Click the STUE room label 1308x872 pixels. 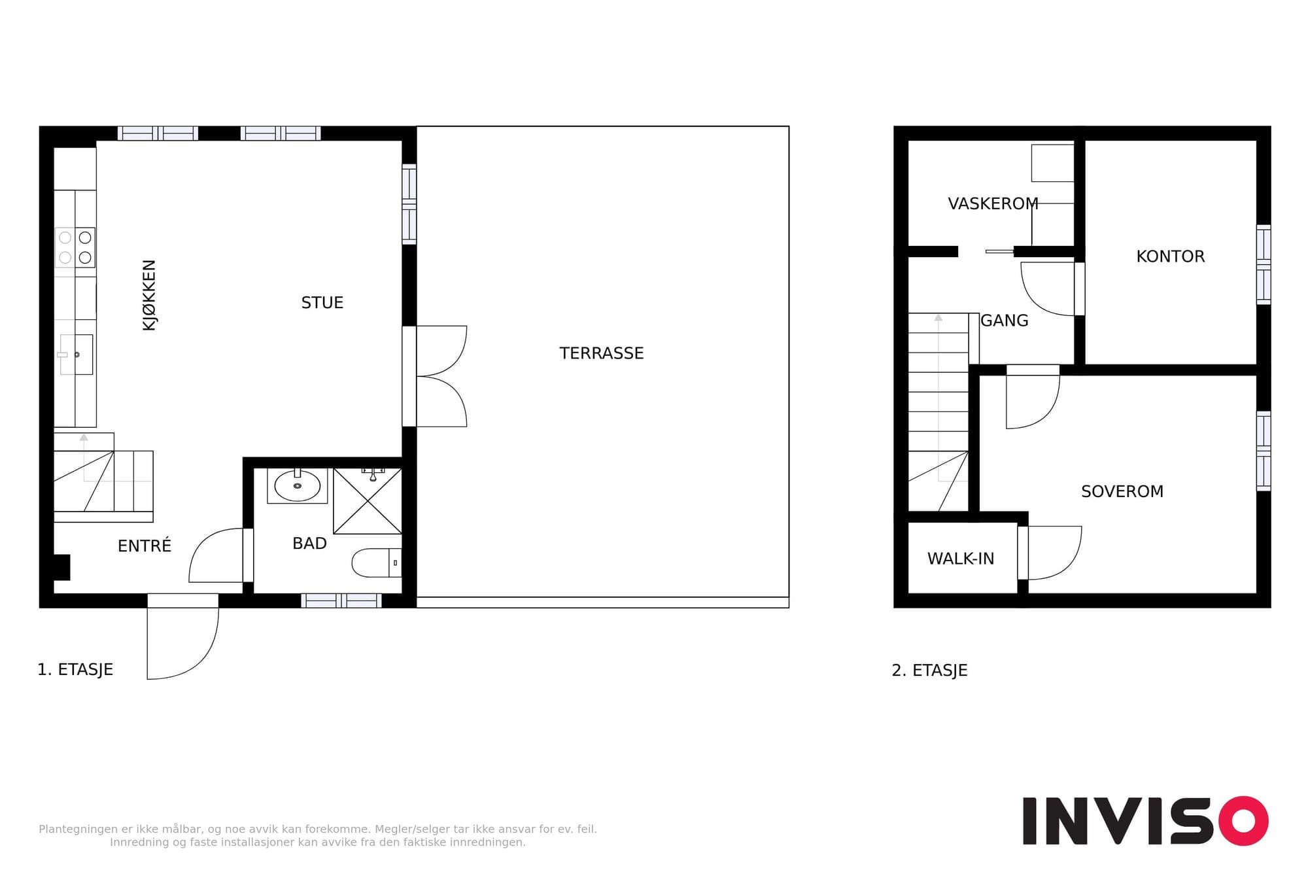(322, 303)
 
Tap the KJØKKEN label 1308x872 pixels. (149, 295)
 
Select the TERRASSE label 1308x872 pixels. (602, 353)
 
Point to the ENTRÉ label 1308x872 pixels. (145, 546)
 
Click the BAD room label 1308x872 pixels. (309, 544)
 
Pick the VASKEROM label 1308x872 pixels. (993, 204)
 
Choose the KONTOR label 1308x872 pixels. (1171, 256)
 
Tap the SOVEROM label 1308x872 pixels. (1122, 491)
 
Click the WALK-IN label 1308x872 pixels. (961, 559)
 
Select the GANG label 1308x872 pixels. (1005, 321)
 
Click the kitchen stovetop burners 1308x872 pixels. (75, 247)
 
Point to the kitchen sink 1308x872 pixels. (76, 355)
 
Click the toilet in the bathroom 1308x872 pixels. (377, 563)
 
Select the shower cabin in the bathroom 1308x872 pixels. (368, 501)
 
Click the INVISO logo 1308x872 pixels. (1145, 821)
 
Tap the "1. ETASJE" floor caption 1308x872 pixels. (75, 670)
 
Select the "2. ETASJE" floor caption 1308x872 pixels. (929, 671)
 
